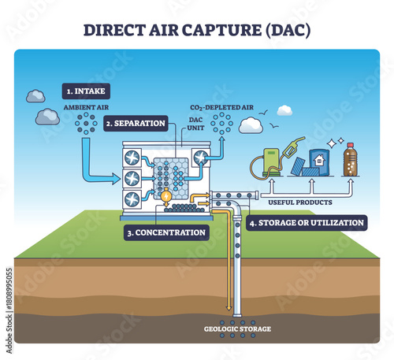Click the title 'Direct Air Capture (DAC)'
(x=197, y=30)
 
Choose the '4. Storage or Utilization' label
(x=308, y=223)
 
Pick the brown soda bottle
(x=351, y=159)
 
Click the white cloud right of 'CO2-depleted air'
(x=251, y=125)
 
